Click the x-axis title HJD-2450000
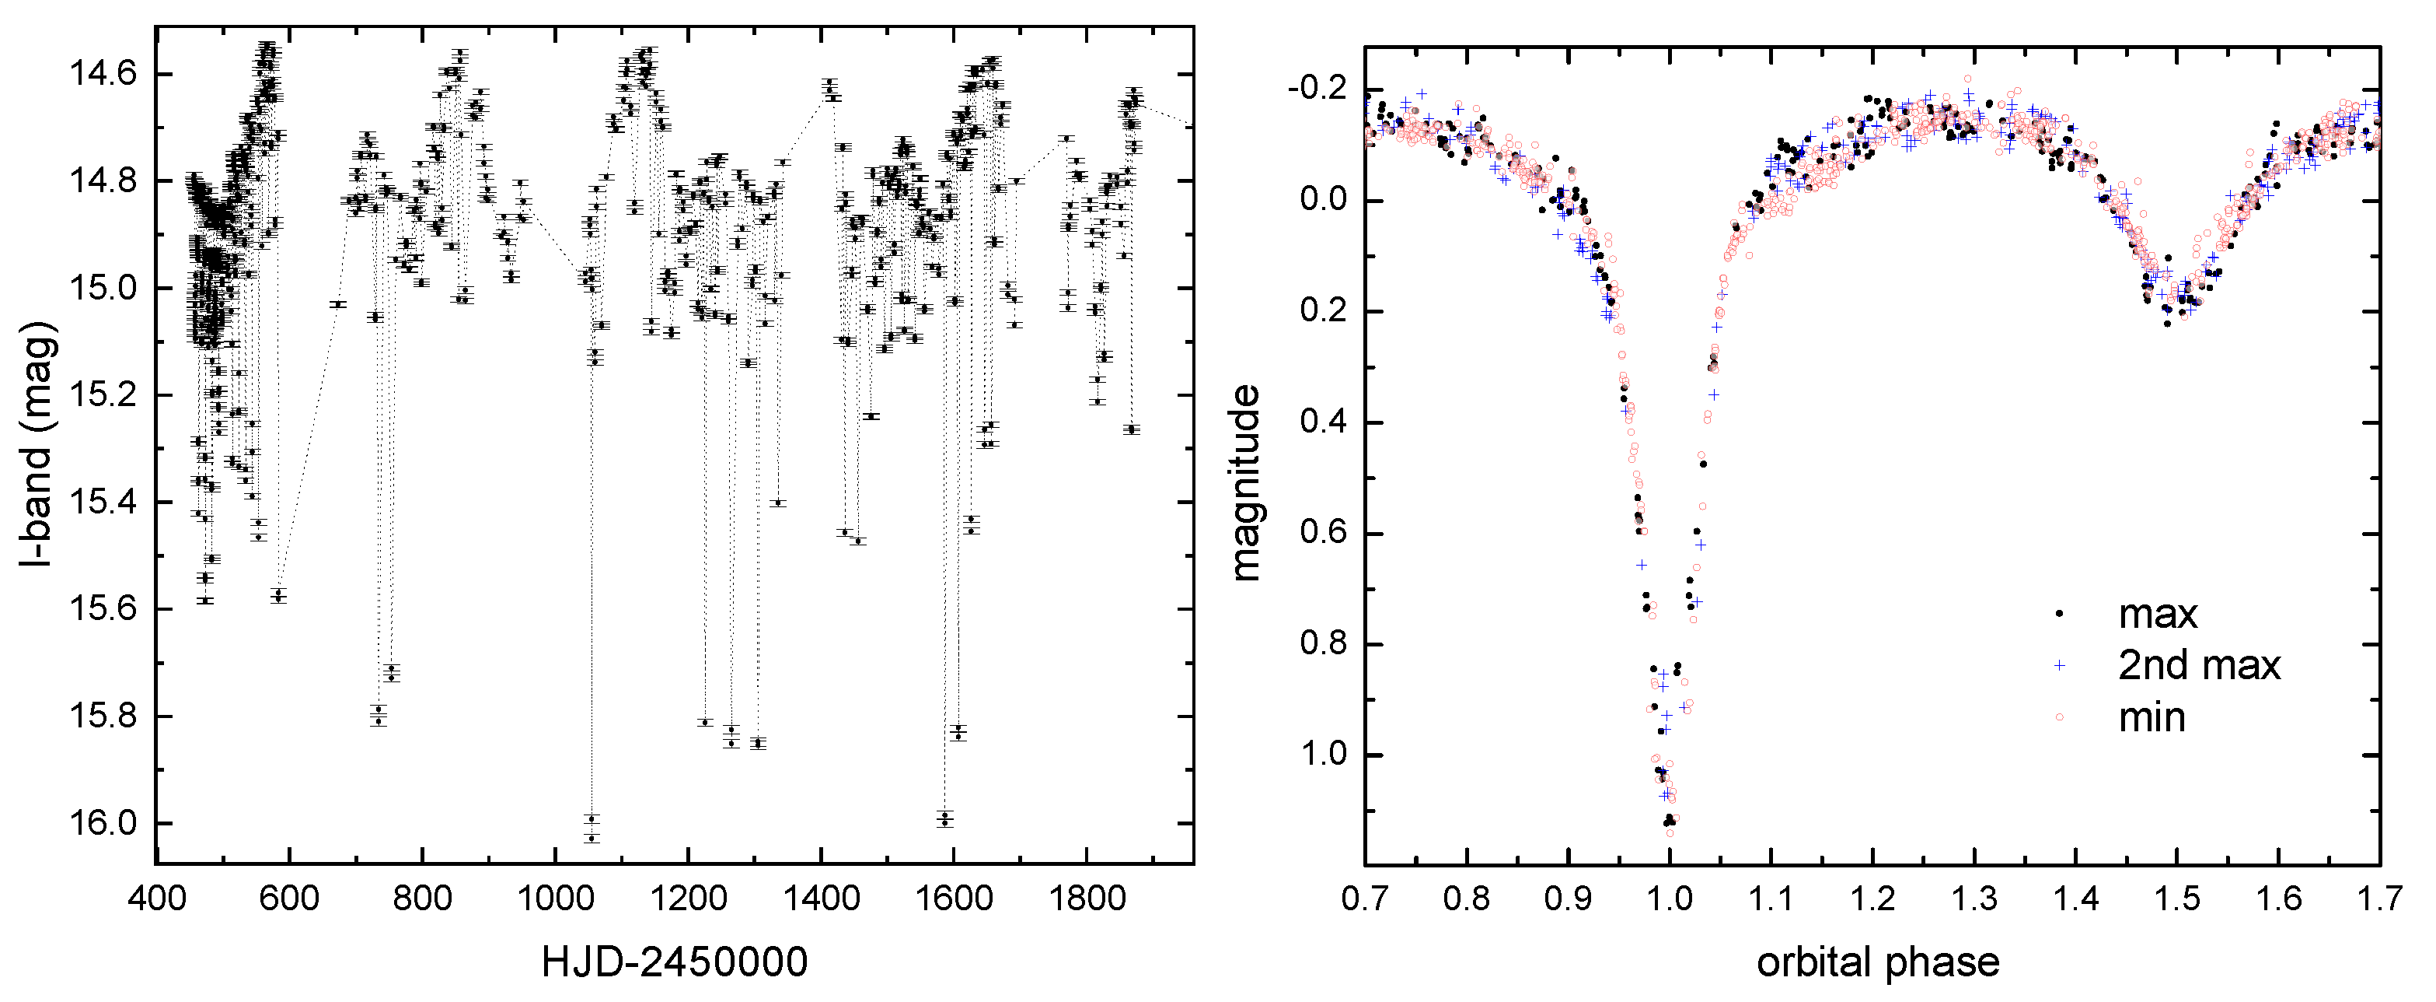click(x=674, y=962)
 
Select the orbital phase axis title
click(x=1878, y=962)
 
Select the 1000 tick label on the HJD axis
click(x=554, y=897)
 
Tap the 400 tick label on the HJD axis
click(x=156, y=897)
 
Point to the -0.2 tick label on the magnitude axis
click(x=1317, y=89)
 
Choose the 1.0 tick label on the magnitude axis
click(x=1324, y=754)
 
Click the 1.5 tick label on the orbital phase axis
click(x=2177, y=897)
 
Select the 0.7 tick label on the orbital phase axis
click(x=1365, y=897)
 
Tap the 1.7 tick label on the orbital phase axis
click(x=2379, y=897)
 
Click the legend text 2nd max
click(x=2199, y=665)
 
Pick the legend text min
click(x=2152, y=717)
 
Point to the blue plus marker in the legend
click(x=2059, y=665)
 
